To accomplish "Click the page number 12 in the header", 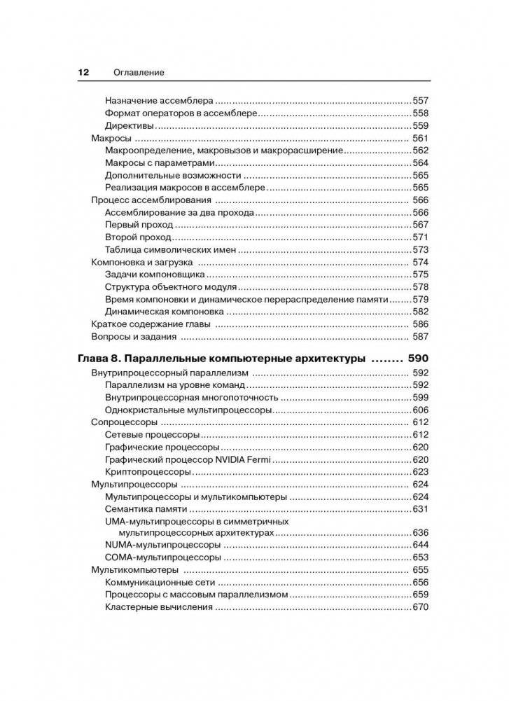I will coord(83,72).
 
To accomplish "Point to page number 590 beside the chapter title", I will coord(418,359).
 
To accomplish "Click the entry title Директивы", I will coord(130,126).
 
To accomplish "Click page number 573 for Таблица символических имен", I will coord(420,250).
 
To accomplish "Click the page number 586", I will coord(420,324).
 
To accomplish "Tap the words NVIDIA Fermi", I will coord(245,459).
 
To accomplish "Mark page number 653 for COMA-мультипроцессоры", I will coord(420,557).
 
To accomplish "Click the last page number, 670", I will coord(420,607).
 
